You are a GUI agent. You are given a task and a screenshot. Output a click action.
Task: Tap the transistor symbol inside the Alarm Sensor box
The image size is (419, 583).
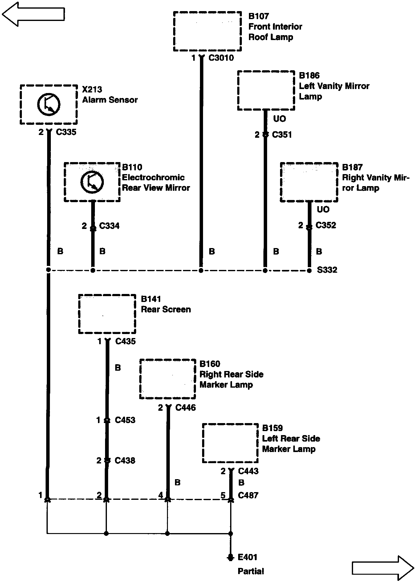[49, 104]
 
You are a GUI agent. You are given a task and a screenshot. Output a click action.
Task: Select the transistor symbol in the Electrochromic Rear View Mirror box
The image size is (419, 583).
[92, 182]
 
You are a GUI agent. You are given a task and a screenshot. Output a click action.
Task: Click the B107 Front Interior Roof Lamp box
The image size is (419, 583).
[207, 31]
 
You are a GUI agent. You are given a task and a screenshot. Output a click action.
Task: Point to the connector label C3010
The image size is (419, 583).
[221, 58]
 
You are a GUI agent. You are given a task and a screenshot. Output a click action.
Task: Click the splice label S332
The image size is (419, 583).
[327, 270]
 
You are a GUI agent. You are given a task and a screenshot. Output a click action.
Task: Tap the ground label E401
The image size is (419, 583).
[247, 557]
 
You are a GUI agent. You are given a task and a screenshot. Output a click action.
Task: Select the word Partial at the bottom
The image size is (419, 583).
[251, 571]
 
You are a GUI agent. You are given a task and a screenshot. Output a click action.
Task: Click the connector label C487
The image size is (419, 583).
[248, 495]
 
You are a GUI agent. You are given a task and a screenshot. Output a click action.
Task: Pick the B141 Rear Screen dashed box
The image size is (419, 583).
[107, 314]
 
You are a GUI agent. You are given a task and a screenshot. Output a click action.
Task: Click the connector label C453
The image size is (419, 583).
[125, 420]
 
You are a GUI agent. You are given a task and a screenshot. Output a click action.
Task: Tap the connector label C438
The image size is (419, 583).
[125, 460]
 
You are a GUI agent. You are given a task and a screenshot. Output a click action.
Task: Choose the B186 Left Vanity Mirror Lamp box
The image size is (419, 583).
[266, 90]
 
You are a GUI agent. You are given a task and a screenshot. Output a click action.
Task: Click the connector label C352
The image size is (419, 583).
[326, 225]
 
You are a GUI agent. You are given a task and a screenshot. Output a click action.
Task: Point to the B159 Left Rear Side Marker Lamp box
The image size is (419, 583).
[230, 443]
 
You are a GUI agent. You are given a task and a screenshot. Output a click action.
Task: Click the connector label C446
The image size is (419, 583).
[185, 408]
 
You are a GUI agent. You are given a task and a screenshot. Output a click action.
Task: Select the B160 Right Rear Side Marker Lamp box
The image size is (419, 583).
[168, 379]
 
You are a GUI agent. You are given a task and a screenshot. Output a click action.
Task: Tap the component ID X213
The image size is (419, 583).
[92, 89]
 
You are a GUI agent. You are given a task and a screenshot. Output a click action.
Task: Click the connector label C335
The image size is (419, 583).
[66, 132]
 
